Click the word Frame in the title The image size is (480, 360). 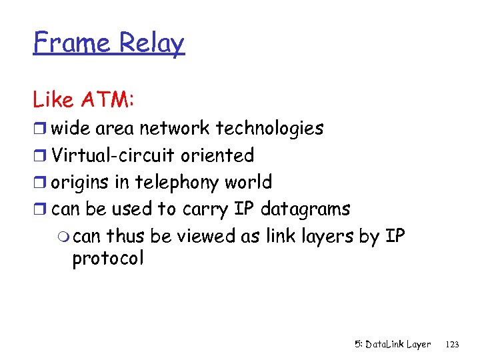73,43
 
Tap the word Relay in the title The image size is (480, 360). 151,43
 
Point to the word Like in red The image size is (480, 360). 53,100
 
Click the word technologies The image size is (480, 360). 270,128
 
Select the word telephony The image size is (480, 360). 177,182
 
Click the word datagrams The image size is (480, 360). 305,209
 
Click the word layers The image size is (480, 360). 323,236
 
